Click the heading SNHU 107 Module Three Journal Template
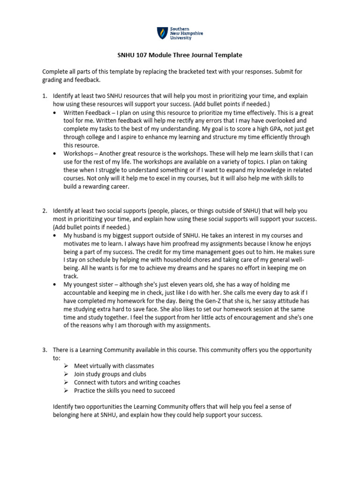(180, 55)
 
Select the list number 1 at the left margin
(45, 96)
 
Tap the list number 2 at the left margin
(45, 211)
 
